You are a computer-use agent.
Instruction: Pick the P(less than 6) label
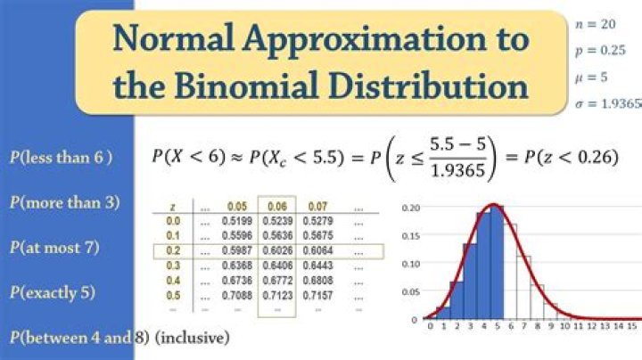tap(61, 158)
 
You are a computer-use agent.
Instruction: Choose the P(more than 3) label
tap(64, 202)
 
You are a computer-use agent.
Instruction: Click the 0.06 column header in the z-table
tap(276, 206)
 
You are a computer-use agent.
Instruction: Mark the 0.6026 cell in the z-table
tap(276, 251)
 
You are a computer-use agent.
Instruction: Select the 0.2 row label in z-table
tap(173, 251)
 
